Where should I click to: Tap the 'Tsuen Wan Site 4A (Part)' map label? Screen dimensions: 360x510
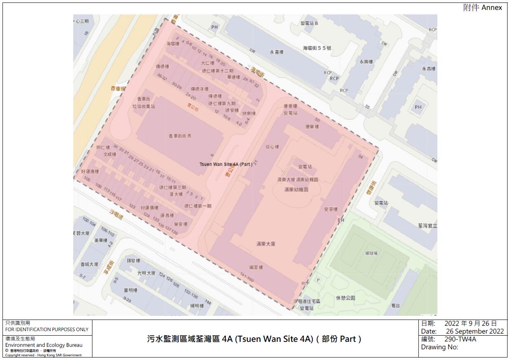coord(226,164)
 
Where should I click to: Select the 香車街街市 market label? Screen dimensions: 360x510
coord(179,136)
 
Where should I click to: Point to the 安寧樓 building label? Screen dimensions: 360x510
coord(331,209)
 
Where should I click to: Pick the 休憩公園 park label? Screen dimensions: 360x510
coord(346,298)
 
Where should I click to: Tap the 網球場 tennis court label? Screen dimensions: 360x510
coord(371,253)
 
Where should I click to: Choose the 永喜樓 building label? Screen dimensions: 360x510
coord(277,52)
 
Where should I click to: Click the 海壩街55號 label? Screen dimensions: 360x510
coord(317,48)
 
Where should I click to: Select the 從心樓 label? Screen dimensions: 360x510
coord(272,147)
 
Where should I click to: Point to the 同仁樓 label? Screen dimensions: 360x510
coord(103,147)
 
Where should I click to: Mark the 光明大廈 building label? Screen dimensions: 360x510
coord(146,273)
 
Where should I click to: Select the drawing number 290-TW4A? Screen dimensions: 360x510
coord(460,339)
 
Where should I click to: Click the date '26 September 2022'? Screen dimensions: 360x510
coord(475,332)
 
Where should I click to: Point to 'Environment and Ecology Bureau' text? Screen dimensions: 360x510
coord(44,345)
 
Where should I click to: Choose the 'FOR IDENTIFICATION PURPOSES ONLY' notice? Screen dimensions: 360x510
coord(47,329)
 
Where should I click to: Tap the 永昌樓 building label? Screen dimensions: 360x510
coord(429,69)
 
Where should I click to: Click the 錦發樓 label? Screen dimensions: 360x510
coord(133,261)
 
